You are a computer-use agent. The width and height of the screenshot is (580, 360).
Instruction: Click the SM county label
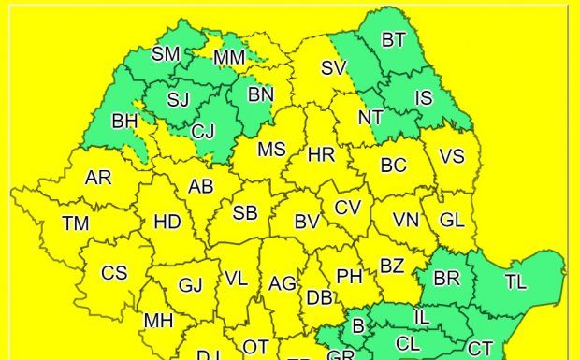coord(166,53)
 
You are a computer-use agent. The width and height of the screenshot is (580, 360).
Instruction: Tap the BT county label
coord(394,39)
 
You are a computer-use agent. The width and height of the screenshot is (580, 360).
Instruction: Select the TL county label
coord(515,281)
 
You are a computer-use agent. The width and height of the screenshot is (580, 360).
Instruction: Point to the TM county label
coord(76,223)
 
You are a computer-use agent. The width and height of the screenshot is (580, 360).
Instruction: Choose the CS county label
coord(114,273)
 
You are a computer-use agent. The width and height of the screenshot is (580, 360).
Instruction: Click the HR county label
coord(321,154)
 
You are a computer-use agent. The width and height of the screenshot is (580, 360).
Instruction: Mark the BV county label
coord(307,223)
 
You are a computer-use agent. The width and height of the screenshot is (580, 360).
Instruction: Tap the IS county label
coord(424,96)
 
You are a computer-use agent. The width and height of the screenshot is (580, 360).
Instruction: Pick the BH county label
coord(124,121)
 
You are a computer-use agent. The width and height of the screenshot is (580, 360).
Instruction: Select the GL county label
coord(452,221)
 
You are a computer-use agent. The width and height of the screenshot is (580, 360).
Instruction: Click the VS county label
coord(452,156)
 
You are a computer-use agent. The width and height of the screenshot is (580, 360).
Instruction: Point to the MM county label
coord(229,59)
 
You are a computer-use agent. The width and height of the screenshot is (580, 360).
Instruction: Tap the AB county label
coord(201,186)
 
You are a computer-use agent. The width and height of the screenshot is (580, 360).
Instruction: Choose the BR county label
coord(447,279)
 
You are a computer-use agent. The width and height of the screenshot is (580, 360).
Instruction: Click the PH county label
coord(349,276)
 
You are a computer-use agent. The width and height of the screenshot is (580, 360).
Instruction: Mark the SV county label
coord(333,67)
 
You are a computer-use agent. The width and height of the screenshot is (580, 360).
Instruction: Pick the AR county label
coord(98,178)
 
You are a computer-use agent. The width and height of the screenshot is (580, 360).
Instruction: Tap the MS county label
coord(271,149)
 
